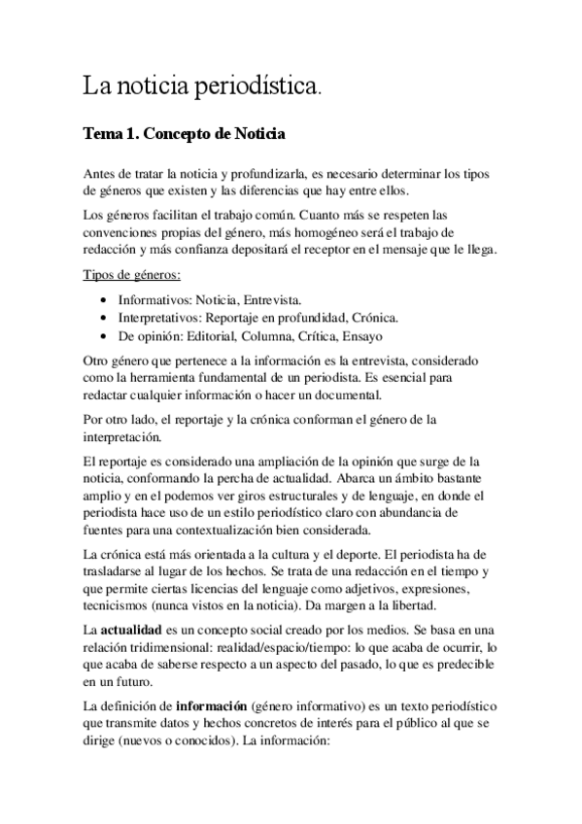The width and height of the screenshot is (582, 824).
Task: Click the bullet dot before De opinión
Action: pyautogui.click(x=104, y=336)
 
